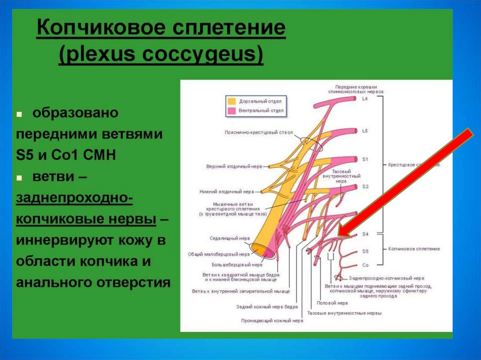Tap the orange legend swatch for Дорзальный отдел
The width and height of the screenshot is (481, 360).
pyautogui.click(x=232, y=101)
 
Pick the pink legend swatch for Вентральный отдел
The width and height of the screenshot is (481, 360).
pyautogui.click(x=232, y=111)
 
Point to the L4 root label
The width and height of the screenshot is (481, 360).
pyautogui.click(x=365, y=99)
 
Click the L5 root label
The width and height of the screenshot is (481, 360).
pyautogui.click(x=365, y=131)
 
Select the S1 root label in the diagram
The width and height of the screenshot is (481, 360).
pyautogui.click(x=365, y=160)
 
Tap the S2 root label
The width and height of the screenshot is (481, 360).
pyautogui.click(x=365, y=186)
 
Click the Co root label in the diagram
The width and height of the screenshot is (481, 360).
pyautogui.click(x=365, y=265)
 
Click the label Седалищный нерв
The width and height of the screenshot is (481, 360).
pyautogui.click(x=225, y=238)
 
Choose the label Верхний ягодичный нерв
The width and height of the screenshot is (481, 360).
pyautogui.click(x=234, y=166)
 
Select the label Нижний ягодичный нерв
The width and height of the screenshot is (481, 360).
pyautogui.click(x=234, y=192)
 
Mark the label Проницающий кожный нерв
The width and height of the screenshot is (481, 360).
pyautogui.click(x=272, y=321)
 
